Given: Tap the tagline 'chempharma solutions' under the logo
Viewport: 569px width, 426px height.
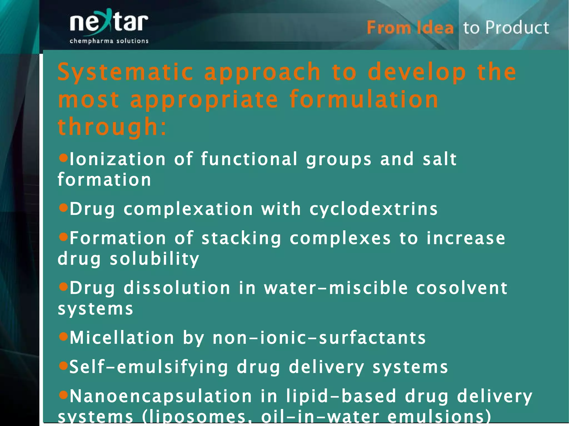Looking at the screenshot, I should pos(109,41).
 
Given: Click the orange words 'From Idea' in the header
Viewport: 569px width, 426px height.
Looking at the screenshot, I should pos(410,28).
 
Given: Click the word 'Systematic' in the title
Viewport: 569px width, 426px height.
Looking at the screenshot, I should pos(125,72).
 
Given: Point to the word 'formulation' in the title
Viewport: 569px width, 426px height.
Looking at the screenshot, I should pos(364,99).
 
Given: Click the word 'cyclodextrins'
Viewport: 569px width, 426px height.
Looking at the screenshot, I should pos(374,209).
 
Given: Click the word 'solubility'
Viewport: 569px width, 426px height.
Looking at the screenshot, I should pos(154,259).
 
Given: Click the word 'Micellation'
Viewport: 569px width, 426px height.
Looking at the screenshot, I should pos(122,338).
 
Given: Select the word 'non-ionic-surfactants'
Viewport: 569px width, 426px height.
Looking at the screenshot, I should pos(319,338).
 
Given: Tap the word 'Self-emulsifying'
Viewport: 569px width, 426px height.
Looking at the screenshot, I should pos(149,367).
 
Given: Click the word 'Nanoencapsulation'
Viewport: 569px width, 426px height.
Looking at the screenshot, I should pos(161,396).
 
